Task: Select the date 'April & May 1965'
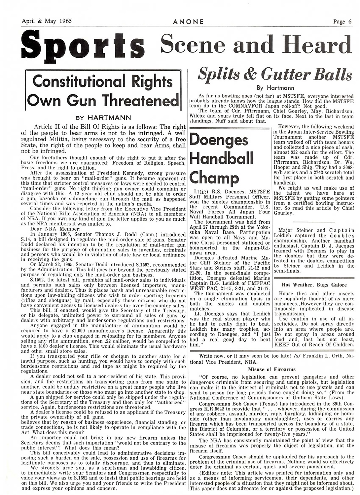coord(47,21)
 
